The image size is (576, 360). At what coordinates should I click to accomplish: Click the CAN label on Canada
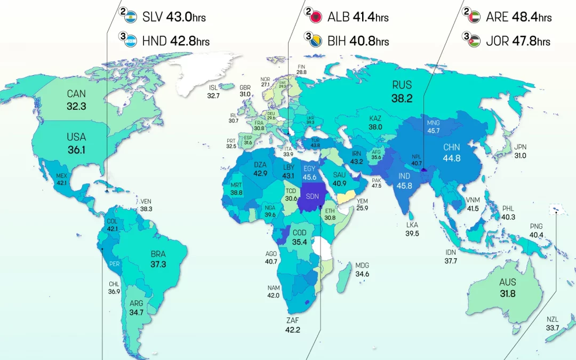76,94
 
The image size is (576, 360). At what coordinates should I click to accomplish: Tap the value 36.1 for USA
76,150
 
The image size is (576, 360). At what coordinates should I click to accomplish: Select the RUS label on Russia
402,84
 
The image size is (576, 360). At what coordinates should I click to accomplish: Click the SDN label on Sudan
313,197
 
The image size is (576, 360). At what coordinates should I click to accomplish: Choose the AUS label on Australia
507,283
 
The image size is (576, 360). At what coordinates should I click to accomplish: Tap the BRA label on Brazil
158,253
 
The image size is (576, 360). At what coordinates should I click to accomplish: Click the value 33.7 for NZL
552,328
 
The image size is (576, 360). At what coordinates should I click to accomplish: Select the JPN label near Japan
520,147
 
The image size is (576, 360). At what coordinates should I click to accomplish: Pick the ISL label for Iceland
213,87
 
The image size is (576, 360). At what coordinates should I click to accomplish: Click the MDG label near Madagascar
362,266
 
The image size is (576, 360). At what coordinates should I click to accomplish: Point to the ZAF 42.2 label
293,325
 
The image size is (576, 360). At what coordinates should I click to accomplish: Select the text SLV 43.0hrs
174,17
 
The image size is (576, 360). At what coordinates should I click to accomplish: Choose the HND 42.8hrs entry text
175,41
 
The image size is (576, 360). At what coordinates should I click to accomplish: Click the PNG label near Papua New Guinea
536,227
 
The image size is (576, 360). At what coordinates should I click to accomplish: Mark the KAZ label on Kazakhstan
375,118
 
